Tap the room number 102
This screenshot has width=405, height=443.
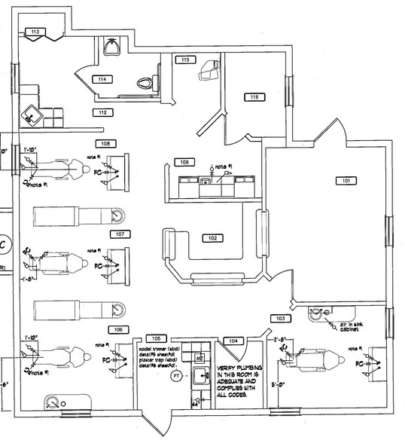point(213,237)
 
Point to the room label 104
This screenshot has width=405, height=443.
point(234,341)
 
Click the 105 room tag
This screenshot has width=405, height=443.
point(157,338)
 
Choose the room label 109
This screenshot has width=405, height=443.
point(184,162)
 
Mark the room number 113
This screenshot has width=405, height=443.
point(35,32)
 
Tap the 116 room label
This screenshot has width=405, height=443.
point(255,96)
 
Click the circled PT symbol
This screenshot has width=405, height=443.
point(176,374)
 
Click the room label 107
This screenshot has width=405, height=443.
point(117,234)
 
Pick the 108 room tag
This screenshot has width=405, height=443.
point(106,142)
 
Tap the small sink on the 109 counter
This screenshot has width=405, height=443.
point(204,181)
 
